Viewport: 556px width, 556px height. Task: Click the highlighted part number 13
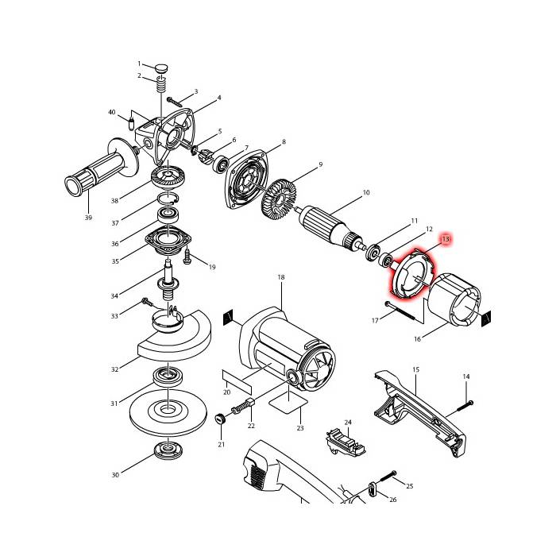coord(446,239)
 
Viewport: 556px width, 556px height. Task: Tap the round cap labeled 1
coord(161,68)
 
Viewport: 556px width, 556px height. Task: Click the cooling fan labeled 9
coord(279,198)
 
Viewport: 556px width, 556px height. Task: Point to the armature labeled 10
coord(331,226)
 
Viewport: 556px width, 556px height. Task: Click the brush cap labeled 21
coord(221,419)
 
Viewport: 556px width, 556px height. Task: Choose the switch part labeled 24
coord(345,442)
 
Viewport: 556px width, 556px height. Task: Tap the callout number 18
coord(281,277)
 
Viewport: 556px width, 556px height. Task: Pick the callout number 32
coord(114,369)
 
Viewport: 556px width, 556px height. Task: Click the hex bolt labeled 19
coord(187,257)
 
